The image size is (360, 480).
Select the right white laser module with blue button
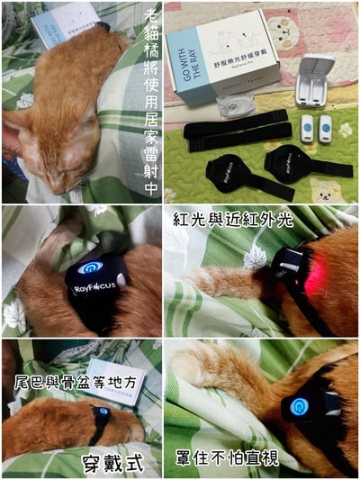[325, 128]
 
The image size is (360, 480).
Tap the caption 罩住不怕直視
[231, 459]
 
